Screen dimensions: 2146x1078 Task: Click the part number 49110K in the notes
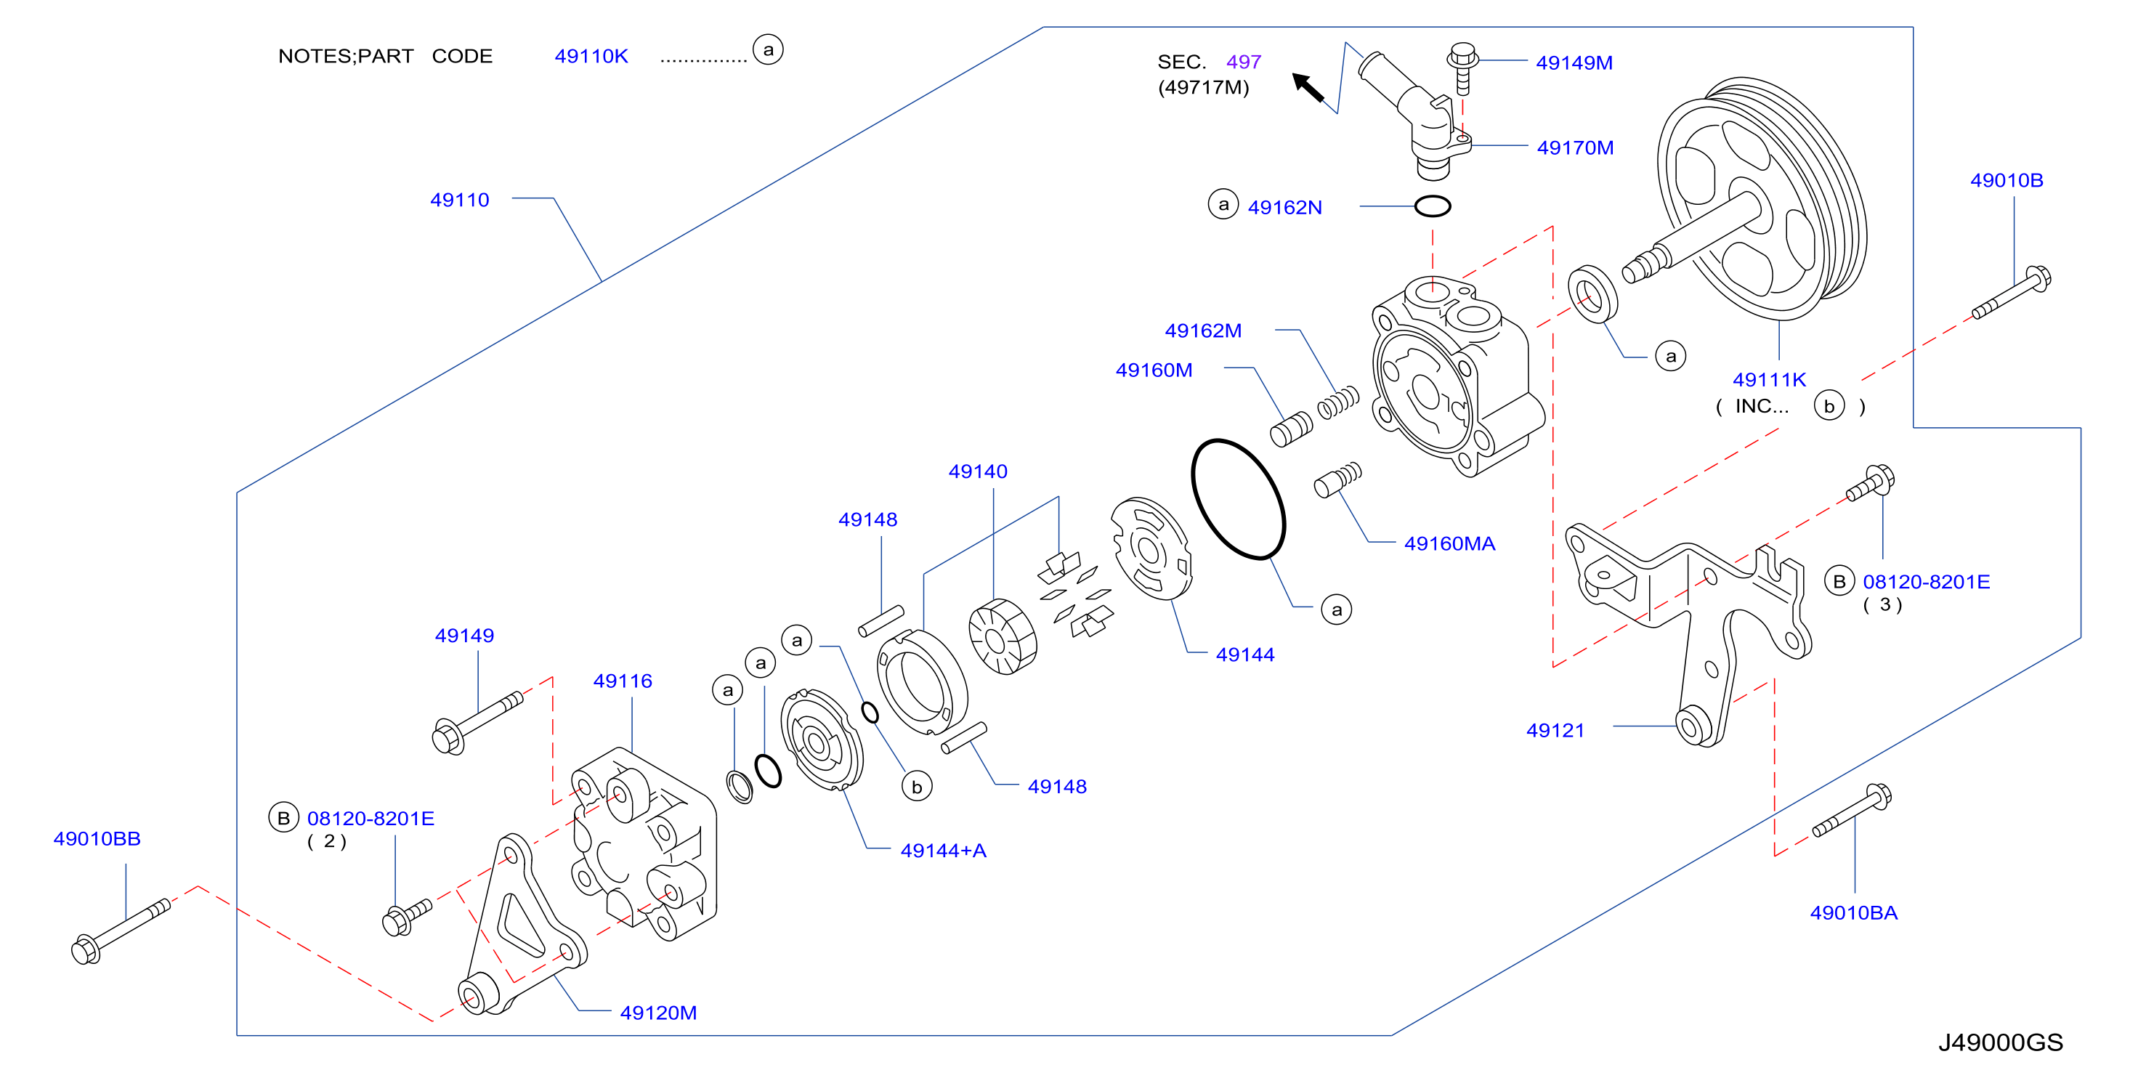[591, 56]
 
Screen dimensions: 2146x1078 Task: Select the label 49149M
[1574, 62]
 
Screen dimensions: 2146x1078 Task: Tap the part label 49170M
[1574, 147]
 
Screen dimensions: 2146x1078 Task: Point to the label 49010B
[2006, 180]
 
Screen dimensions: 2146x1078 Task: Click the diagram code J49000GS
[2000, 1042]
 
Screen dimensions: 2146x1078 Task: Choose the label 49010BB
[97, 838]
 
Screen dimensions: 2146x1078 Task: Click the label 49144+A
[943, 850]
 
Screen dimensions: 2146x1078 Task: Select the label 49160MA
[1449, 543]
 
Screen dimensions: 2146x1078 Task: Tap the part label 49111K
[1770, 379]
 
